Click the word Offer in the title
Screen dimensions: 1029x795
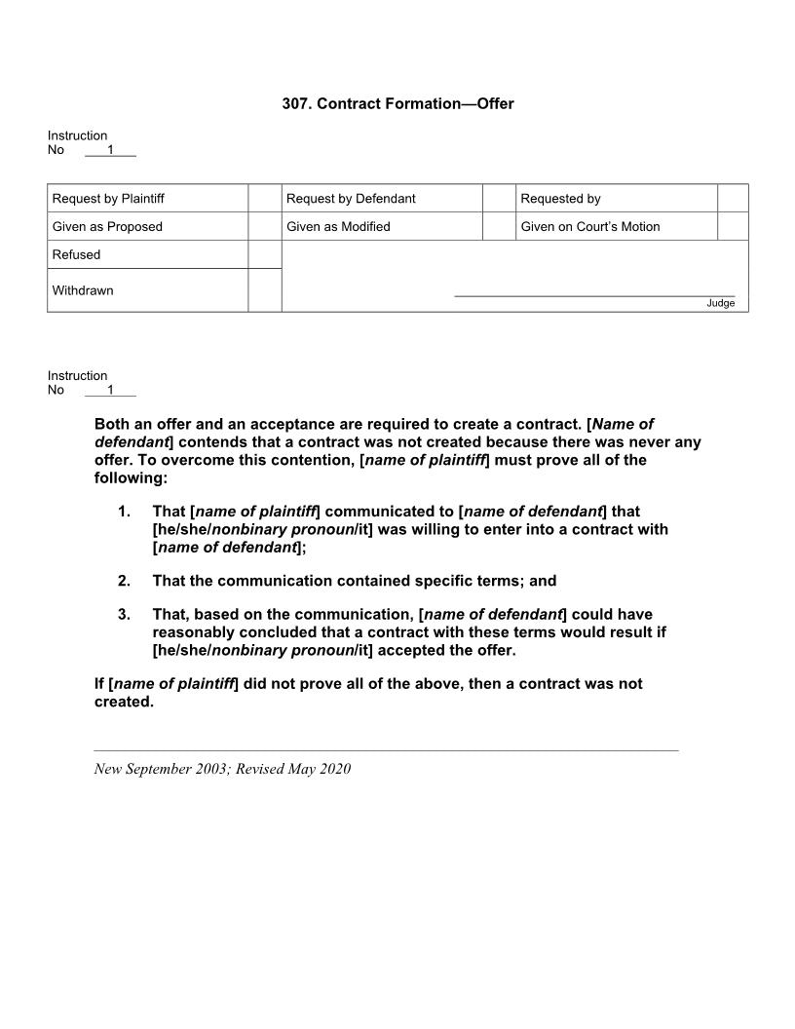point(495,103)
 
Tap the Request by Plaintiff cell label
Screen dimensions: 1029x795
point(108,199)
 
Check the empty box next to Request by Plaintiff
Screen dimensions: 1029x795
point(265,199)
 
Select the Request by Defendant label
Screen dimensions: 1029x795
point(351,199)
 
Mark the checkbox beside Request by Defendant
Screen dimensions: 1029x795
point(499,199)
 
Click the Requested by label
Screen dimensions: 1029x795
point(560,199)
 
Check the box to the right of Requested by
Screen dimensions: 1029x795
point(733,199)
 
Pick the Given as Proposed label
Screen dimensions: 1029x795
point(107,227)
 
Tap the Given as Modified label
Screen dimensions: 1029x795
point(338,227)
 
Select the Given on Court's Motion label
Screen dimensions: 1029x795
point(590,227)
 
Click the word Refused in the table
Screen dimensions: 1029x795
point(76,255)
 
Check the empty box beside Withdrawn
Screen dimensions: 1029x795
point(265,290)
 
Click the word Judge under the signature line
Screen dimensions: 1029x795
point(721,303)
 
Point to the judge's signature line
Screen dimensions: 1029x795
point(594,295)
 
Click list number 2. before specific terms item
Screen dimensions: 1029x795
point(124,581)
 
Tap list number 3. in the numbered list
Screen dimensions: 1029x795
point(124,615)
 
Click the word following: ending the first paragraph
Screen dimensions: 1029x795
point(132,478)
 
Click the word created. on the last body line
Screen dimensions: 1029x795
point(124,702)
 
